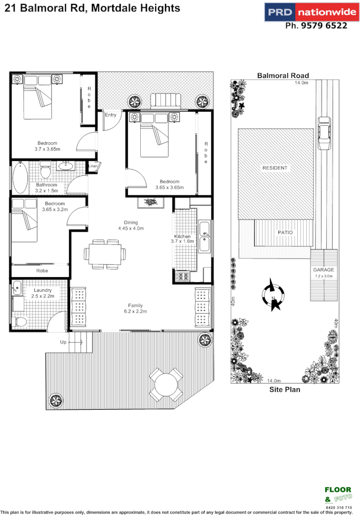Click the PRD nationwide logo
pyautogui.click(x=306, y=12)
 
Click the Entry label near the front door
pyautogui.click(x=111, y=115)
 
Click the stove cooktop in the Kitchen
pyautogui.click(x=182, y=275)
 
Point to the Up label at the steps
pyautogui.click(x=63, y=342)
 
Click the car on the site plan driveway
pyautogui.click(x=324, y=135)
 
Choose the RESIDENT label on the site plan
pyautogui.click(x=275, y=168)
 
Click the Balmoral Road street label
pyautogui.click(x=283, y=75)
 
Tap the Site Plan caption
pyautogui.click(x=285, y=390)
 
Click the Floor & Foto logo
pyautogui.click(x=337, y=496)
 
